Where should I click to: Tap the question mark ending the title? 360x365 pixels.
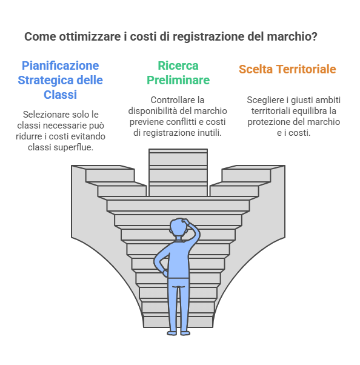point(314,36)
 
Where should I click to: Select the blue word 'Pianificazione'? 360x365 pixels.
point(60,66)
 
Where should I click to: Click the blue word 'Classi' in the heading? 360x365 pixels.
point(60,95)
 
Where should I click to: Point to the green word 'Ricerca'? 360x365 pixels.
point(178,65)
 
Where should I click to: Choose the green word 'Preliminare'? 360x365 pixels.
point(178,80)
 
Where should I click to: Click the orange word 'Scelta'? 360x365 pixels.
point(256,69)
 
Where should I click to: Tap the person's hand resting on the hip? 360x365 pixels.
point(165,273)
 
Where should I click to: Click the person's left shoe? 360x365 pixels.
point(172,333)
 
